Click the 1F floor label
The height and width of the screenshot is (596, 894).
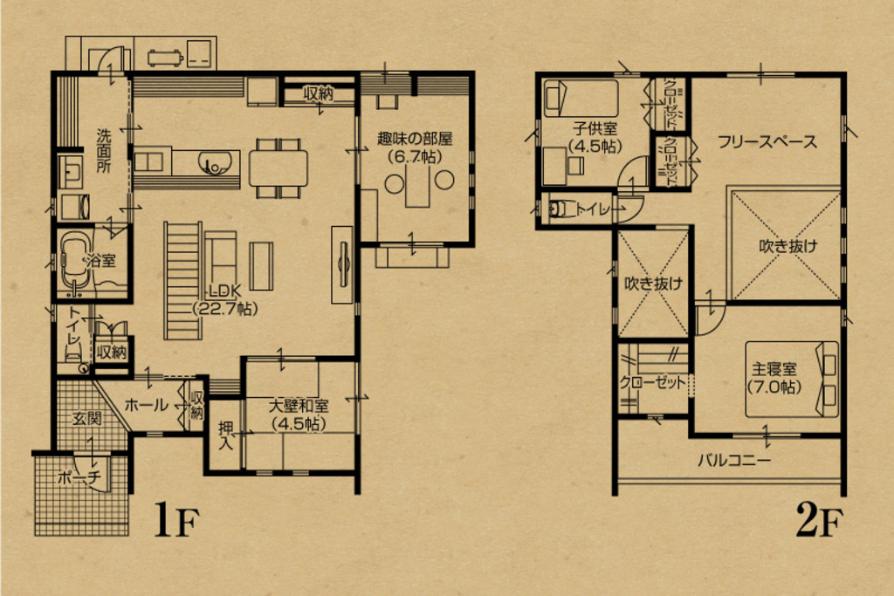(x=176, y=520)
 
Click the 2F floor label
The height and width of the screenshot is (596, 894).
(x=819, y=520)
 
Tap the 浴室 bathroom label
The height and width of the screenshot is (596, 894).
(x=100, y=260)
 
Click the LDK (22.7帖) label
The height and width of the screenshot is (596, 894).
(x=226, y=299)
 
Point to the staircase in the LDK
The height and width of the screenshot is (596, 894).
(x=183, y=281)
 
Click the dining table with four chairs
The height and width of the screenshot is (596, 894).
(x=279, y=168)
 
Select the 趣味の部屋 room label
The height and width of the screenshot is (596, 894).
(x=415, y=147)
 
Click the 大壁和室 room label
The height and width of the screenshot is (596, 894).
(x=299, y=414)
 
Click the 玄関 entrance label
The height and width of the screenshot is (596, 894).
(x=87, y=419)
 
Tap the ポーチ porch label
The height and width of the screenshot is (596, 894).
(x=79, y=477)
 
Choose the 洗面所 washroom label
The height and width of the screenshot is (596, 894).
(x=104, y=150)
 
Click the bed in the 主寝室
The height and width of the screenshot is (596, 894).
(x=792, y=380)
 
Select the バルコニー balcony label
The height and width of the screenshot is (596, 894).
(x=735, y=459)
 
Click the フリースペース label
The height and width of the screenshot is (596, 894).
(x=767, y=141)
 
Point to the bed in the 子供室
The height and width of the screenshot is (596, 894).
(x=581, y=98)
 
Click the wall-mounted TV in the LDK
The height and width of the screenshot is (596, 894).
(x=342, y=264)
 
